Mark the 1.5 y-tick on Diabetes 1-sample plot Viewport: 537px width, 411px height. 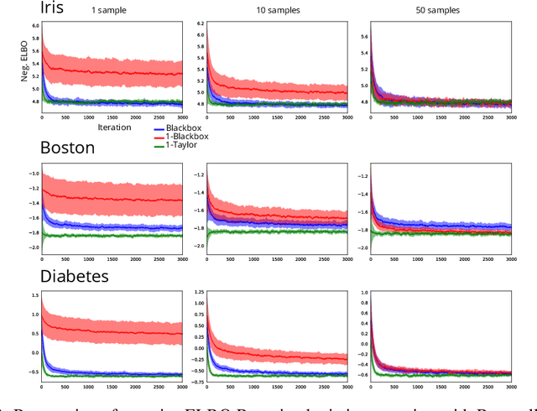point(33,295)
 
